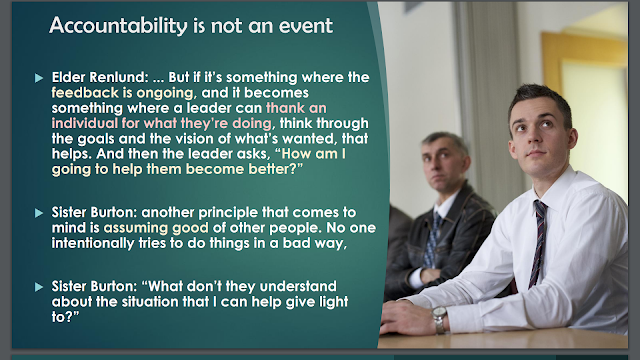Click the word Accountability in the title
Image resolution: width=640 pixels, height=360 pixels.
[118, 26]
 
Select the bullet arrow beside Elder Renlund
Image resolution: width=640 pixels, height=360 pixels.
[39, 78]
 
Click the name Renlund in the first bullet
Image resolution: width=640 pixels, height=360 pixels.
[118, 77]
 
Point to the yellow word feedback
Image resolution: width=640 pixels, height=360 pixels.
[85, 93]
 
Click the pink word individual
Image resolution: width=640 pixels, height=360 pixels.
[84, 123]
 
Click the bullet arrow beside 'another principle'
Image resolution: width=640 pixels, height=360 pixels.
[39, 213]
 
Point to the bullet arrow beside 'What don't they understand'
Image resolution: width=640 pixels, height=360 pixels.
[39, 287]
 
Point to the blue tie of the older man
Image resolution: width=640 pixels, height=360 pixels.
[431, 240]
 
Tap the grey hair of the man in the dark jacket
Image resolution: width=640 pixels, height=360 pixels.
[446, 140]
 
